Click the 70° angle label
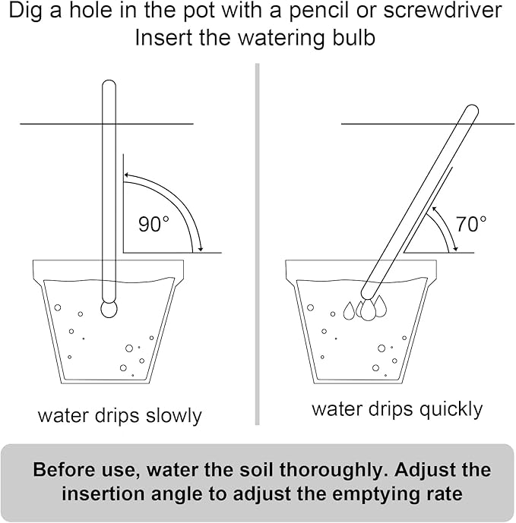pyautogui.click(x=471, y=224)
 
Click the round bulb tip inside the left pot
pyautogui.click(x=109, y=309)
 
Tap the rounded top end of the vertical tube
pyautogui.click(x=109, y=87)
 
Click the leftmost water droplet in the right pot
pyautogui.click(x=349, y=310)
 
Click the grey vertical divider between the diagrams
pyautogui.click(x=258, y=243)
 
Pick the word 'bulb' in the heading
pyautogui.click(x=354, y=37)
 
